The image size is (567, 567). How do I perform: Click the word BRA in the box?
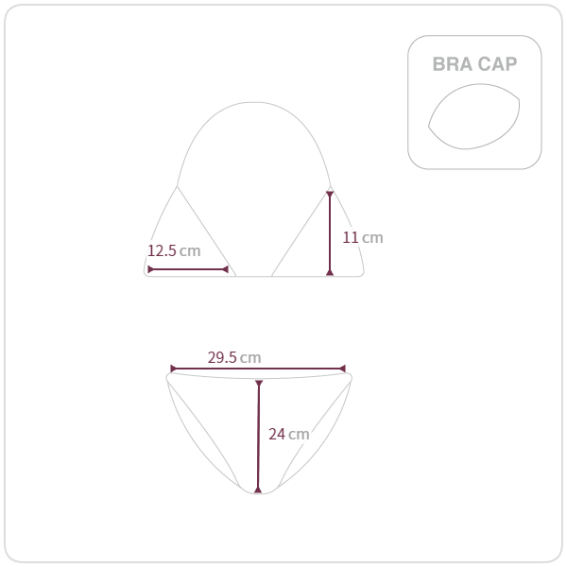pyautogui.click(x=453, y=64)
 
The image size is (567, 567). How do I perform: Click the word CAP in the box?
pyautogui.click(x=497, y=64)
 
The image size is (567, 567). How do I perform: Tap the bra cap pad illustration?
pyautogui.click(x=474, y=116)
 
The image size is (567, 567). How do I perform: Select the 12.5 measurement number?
pyautogui.click(x=162, y=250)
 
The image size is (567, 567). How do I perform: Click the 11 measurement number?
pyautogui.click(x=350, y=237)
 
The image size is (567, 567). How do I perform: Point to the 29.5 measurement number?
pyautogui.click(x=222, y=357)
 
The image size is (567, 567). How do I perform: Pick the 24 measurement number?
pyautogui.click(x=277, y=434)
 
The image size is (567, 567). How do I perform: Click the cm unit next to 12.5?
pyautogui.click(x=190, y=251)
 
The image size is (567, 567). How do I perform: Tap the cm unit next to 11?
pyautogui.click(x=372, y=238)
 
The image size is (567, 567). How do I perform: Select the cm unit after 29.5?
pyautogui.click(x=250, y=358)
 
